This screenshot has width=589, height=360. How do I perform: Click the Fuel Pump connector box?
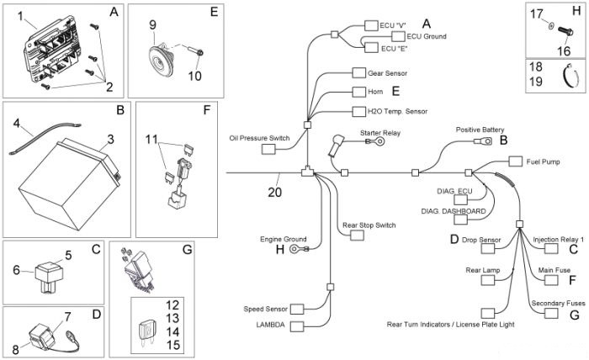click(515, 161)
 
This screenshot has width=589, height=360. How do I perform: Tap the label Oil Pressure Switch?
click(259, 138)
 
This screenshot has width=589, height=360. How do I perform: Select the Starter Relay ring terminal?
click(377, 141)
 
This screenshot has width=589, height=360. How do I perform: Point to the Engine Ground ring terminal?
click(299, 248)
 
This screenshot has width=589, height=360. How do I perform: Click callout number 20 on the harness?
click(274, 193)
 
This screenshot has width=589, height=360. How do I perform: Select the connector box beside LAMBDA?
click(297, 326)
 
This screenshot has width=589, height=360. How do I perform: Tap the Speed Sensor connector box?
click(297, 309)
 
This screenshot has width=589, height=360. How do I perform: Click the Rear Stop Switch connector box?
click(358, 236)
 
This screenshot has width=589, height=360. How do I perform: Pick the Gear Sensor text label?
click(387, 73)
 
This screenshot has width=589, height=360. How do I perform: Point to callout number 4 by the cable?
click(16, 123)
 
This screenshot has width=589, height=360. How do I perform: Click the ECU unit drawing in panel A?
click(52, 50)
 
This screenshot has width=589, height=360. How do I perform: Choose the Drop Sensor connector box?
click(488, 248)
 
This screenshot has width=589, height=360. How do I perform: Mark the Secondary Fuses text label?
click(558, 303)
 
